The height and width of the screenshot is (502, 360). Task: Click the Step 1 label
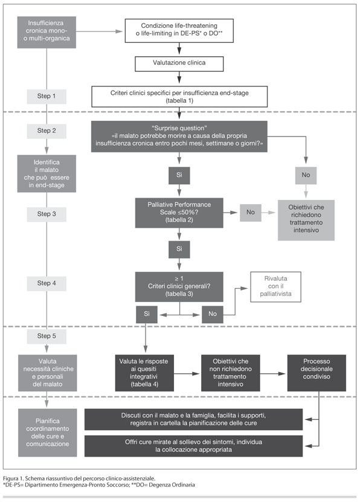point(47,97)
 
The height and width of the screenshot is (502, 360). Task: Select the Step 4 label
point(47,283)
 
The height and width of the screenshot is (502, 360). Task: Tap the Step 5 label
point(47,336)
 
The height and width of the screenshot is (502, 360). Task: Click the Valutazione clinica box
point(179,63)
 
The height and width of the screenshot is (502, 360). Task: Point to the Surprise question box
point(179,136)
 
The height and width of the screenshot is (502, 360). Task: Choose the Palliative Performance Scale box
point(179,213)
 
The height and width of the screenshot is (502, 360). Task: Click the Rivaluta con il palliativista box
point(275,287)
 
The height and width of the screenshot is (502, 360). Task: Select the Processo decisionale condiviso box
point(317,373)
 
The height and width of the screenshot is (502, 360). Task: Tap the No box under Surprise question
point(306,175)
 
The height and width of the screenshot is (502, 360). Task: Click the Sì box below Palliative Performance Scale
point(179,249)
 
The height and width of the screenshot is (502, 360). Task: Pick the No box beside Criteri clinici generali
point(213,314)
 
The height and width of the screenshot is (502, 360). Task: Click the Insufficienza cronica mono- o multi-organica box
point(47,33)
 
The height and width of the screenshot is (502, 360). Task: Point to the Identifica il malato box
point(47,173)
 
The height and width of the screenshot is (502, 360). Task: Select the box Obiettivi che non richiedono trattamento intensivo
point(230,373)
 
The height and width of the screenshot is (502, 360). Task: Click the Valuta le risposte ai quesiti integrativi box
point(144,373)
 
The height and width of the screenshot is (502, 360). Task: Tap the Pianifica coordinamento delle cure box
point(47,433)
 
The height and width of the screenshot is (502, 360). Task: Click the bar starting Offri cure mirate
point(194,446)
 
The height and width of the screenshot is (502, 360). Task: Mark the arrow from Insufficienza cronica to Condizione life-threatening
point(99,31)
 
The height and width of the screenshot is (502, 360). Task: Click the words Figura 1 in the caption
point(11,478)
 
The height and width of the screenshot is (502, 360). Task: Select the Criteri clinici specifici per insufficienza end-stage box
point(179,97)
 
